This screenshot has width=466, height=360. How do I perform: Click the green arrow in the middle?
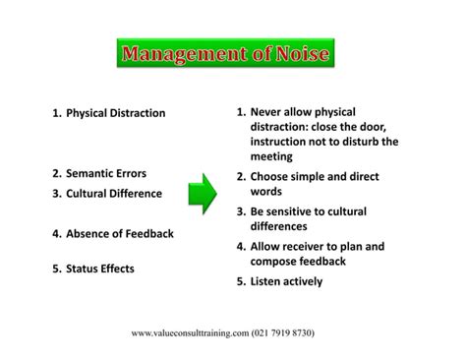point(202,194)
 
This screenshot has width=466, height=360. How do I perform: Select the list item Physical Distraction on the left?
point(115,113)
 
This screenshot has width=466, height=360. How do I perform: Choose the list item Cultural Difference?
point(114,194)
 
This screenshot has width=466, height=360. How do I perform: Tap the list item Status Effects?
point(99,268)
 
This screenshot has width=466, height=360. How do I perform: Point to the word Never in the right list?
point(269,111)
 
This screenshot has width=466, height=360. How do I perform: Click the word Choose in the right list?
point(272,176)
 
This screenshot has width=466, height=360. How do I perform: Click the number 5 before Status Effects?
point(56,268)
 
